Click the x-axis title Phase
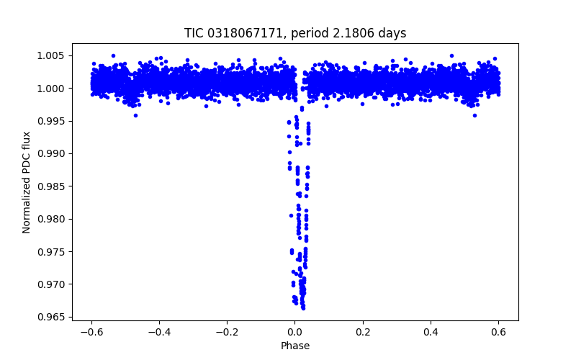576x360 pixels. pos(295,346)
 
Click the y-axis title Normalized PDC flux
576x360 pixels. pos(27,182)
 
